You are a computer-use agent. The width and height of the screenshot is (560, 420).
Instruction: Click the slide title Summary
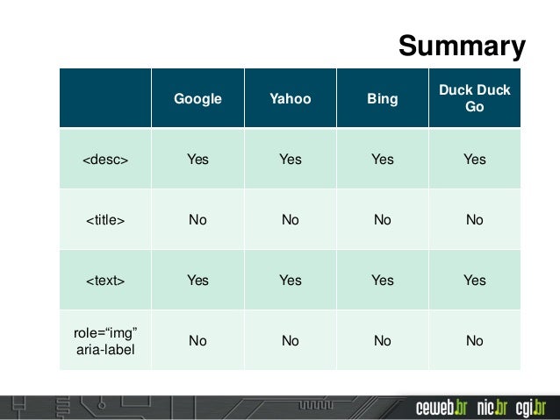462,46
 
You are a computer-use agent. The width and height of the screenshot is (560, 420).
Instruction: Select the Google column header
197,99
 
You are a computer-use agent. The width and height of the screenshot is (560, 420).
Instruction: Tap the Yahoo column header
290,99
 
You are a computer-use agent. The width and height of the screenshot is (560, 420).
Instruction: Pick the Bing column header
382,99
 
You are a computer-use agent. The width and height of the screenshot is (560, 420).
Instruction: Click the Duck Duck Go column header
474,98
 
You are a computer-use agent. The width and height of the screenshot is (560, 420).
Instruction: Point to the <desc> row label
105,160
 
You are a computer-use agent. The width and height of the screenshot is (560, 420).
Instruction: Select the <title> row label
105,220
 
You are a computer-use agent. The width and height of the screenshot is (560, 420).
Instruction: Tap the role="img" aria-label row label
105,340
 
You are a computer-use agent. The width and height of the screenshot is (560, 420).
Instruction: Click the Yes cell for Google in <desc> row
197,160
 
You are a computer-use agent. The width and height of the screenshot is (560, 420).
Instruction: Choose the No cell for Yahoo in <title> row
290,220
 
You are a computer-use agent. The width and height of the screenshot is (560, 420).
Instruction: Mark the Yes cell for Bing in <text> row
382,281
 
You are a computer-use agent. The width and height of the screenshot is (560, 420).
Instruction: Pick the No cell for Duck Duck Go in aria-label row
474,340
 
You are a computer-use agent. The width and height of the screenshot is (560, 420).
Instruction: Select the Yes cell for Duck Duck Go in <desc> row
474,160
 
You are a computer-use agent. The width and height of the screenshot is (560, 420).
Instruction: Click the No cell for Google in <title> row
197,220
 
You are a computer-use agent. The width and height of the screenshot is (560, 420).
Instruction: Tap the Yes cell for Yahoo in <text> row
290,281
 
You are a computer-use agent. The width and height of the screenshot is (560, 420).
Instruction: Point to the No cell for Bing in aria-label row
382,340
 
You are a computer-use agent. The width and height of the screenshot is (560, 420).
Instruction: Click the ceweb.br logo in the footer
442,408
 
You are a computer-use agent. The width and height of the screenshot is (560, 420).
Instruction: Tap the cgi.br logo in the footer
530,408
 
